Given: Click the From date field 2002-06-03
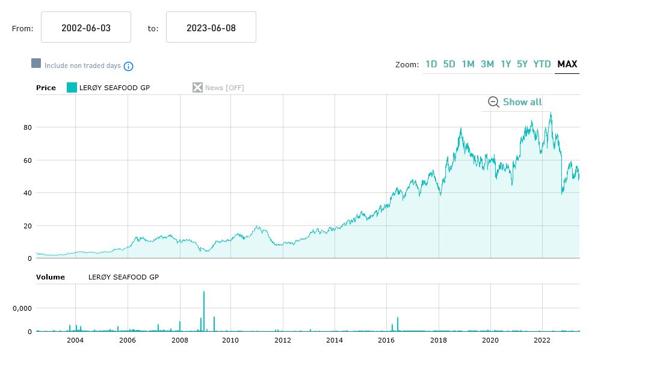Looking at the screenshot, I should (x=86, y=28).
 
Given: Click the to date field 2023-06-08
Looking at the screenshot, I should (x=211, y=28).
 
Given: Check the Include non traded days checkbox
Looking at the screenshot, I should (x=36, y=64).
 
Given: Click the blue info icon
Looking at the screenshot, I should (x=128, y=66).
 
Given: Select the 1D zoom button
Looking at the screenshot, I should (x=431, y=64).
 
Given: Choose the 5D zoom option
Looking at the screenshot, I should (x=449, y=64).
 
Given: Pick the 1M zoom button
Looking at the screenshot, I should (x=468, y=64).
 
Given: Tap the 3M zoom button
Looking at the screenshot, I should (x=487, y=64).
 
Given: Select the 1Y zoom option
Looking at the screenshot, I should (x=506, y=64).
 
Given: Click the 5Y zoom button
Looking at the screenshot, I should (x=522, y=64).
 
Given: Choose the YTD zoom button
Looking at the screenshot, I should (x=542, y=64).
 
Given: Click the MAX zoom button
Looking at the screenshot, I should (x=567, y=64).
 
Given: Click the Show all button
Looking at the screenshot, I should (x=516, y=102).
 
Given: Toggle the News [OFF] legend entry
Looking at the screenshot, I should (x=218, y=88).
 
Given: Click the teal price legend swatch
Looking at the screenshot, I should (x=72, y=88).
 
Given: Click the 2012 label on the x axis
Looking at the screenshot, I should (x=283, y=341).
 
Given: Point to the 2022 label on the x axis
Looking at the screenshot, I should (x=543, y=341).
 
